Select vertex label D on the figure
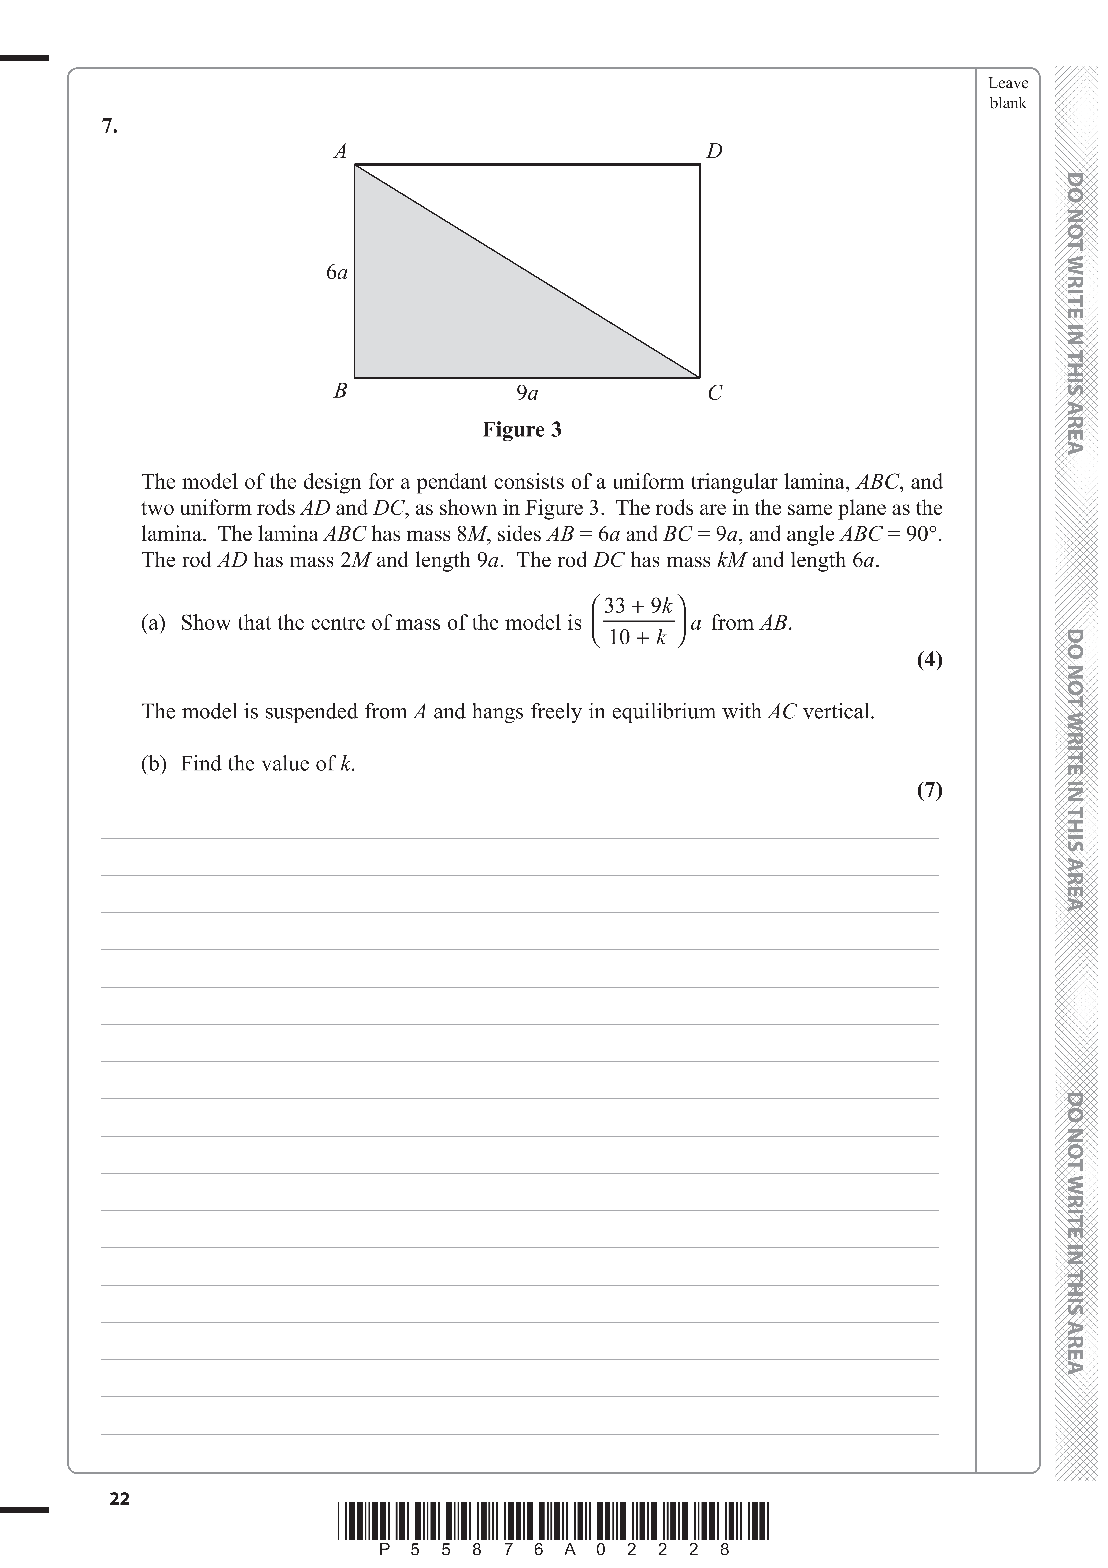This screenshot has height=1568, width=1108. (x=714, y=151)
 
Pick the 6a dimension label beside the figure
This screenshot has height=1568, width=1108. (x=337, y=273)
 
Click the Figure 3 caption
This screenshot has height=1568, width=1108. (x=522, y=429)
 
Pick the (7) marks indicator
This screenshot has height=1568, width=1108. (x=929, y=790)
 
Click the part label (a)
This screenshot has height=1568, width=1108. (x=154, y=623)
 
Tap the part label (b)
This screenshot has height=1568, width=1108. (x=154, y=763)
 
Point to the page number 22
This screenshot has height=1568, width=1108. (x=120, y=1499)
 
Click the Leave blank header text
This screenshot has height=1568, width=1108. (x=1008, y=93)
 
